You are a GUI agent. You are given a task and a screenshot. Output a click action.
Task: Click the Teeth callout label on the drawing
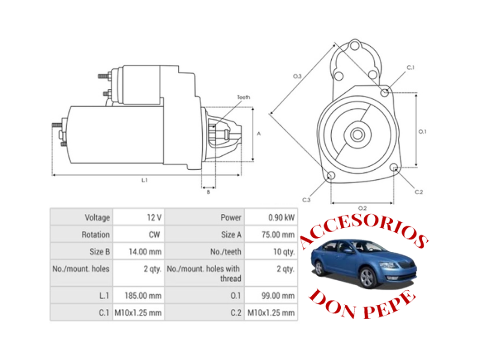[243, 97]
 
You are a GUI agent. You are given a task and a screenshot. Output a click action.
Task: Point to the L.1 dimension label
[145, 179]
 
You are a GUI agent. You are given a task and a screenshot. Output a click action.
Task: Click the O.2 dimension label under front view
[362, 208]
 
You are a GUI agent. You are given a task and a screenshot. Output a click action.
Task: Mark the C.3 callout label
[306, 199]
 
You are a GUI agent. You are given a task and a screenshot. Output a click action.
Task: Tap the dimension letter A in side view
[259, 134]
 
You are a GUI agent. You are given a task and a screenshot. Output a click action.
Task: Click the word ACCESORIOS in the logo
[362, 231]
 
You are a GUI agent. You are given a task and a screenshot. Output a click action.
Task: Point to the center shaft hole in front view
[357, 134]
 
